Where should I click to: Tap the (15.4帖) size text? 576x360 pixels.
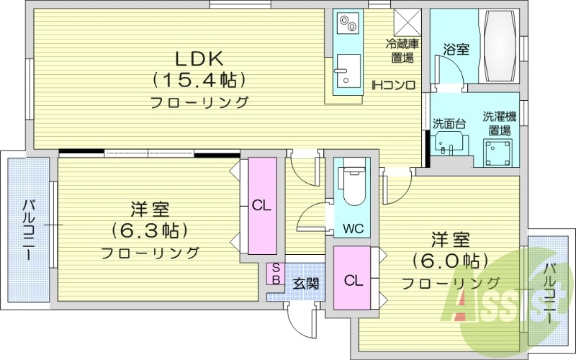199,79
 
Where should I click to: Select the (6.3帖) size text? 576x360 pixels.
150,230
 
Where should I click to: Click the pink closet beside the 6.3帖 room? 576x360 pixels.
262,205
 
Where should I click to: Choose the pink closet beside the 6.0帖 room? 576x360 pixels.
352,279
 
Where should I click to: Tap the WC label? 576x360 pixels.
352,230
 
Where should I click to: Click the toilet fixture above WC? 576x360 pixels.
352,188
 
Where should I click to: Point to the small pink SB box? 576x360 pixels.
275,274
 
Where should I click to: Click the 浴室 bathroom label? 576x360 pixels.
456,50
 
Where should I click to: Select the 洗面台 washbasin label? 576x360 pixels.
449,124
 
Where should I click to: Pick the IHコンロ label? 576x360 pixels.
393,85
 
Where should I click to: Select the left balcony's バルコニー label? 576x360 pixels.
28,230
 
